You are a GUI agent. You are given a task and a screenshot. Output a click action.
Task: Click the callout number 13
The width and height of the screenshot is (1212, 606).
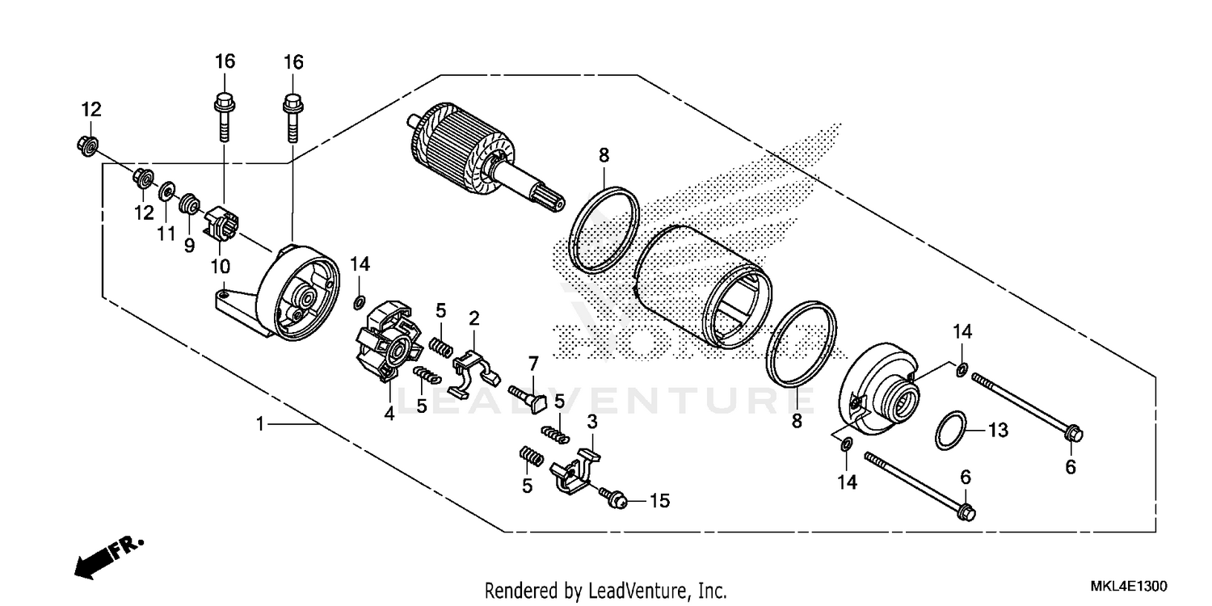(x=999, y=431)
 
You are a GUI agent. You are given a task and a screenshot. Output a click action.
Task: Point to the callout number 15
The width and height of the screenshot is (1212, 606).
(x=659, y=501)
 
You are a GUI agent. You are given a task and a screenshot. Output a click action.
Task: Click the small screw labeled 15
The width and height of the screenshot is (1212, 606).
(x=615, y=498)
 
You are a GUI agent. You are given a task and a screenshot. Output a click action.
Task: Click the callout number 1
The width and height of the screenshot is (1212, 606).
(x=260, y=423)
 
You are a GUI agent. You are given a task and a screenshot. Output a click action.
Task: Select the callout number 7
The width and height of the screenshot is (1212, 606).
(x=533, y=361)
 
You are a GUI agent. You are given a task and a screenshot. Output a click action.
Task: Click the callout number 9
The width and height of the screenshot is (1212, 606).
(x=189, y=244)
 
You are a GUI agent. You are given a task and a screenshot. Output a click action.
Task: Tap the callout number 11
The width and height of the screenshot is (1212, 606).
(x=166, y=234)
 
